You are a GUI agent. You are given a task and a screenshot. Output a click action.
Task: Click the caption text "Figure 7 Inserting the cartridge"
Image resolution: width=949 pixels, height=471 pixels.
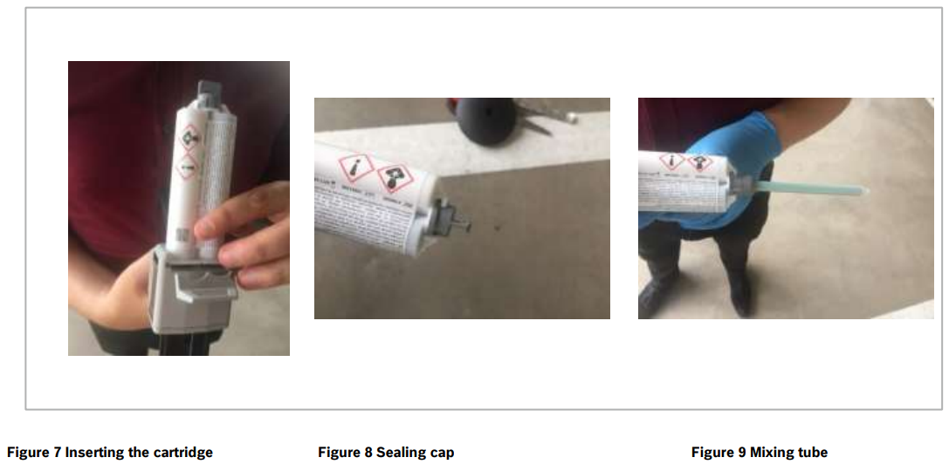pos(110,452)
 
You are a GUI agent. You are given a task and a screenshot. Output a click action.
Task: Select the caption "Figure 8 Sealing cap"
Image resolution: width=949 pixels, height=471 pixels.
pos(386,452)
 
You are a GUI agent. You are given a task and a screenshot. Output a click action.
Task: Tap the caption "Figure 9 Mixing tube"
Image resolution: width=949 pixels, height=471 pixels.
pos(759,452)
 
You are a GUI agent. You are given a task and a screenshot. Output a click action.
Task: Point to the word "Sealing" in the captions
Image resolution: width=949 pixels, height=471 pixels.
pos(402,452)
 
